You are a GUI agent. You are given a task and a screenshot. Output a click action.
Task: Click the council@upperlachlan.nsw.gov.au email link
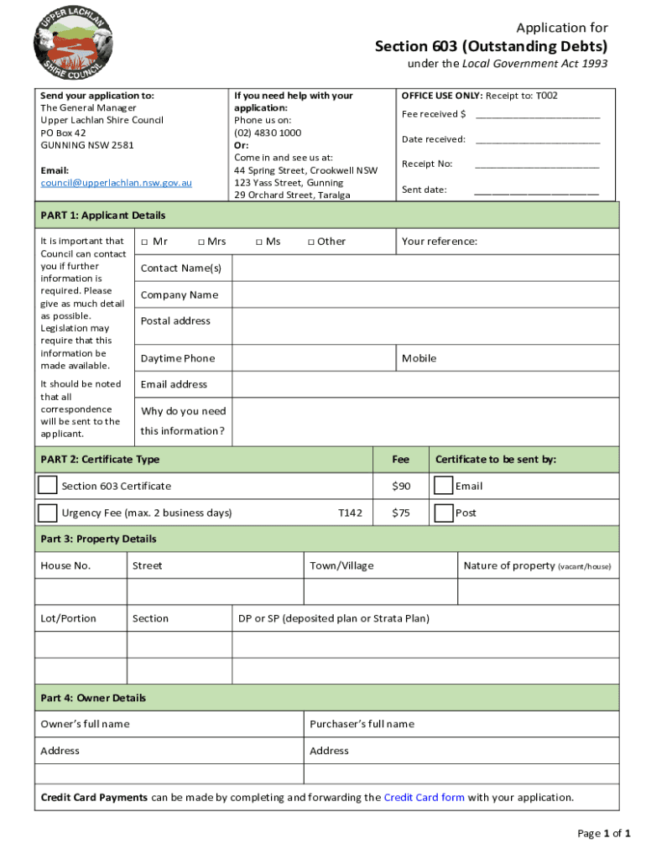[117, 183]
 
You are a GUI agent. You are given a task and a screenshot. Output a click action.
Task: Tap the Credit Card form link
[424, 798]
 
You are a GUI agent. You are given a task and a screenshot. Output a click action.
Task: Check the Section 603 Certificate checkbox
[48, 486]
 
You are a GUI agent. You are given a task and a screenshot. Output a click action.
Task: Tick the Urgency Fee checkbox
[48, 513]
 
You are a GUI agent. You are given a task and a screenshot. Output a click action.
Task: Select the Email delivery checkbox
[443, 486]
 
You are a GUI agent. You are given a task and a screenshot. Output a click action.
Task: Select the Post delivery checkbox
[443, 513]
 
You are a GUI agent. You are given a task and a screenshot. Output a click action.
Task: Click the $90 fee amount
[401, 487]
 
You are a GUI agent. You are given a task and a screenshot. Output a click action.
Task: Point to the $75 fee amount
[401, 513]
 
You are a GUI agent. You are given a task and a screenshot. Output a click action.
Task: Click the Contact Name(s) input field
[425, 268]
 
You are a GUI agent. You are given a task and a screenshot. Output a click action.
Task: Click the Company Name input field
[425, 295]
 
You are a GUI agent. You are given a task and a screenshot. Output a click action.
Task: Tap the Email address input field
[425, 384]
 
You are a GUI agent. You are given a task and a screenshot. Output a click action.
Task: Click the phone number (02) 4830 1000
[268, 133]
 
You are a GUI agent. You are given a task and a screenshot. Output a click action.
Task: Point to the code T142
[350, 513]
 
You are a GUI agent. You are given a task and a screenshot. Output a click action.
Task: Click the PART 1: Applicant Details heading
[103, 216]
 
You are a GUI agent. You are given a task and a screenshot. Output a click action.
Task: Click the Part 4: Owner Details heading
[93, 698]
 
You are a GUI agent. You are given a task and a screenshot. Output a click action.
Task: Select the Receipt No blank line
[537, 166]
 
